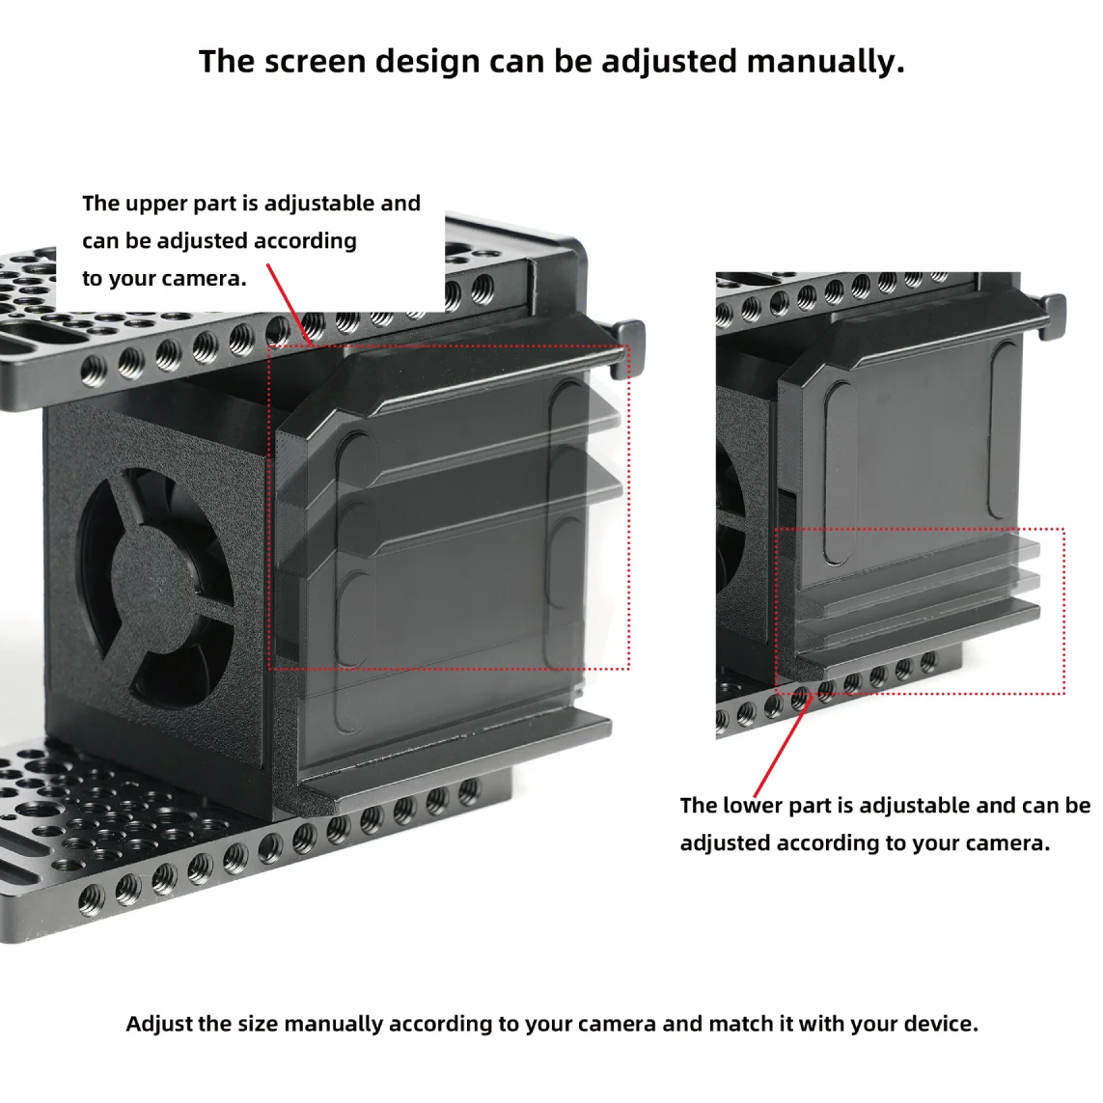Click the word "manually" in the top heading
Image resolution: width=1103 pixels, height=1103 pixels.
[825, 62]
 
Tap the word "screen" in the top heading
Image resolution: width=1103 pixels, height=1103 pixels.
[317, 62]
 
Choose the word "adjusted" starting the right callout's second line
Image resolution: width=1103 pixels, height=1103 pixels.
[725, 843]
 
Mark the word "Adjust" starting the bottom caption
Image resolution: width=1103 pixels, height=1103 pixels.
[159, 1023]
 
